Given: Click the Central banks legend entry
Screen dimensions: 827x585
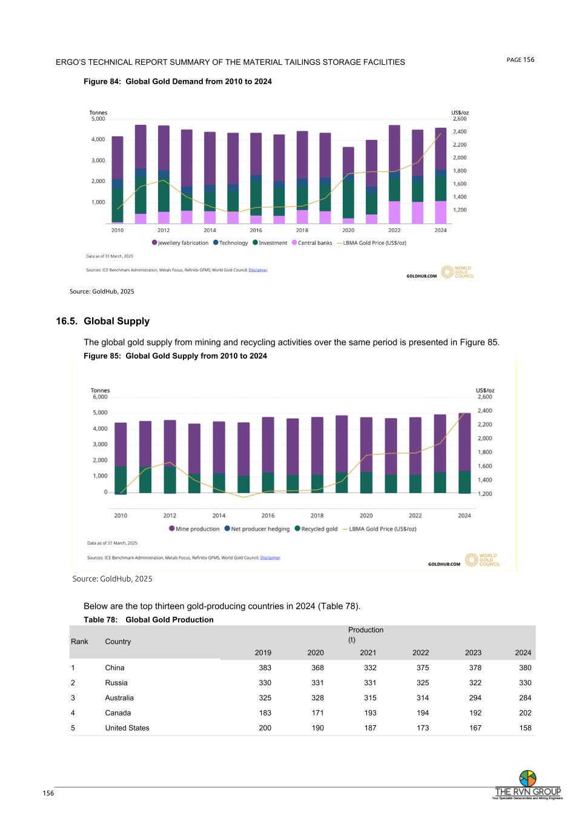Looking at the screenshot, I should pos(314,243).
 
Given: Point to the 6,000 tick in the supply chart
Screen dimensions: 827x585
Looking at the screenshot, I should pos(100,397).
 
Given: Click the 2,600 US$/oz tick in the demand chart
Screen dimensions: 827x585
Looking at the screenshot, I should pos(460,119).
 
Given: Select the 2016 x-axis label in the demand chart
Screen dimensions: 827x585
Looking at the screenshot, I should pos(256,230).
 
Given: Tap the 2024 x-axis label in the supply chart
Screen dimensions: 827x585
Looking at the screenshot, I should pos(464,516).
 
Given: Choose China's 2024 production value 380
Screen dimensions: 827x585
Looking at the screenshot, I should pos(524,668).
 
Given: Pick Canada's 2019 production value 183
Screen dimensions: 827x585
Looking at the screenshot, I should pos(265,713).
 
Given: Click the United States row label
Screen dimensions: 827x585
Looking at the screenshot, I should pos(127,728).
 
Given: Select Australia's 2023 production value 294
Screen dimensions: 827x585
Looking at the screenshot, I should pos(475,698).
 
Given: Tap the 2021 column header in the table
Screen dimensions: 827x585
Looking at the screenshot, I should pos(368,653).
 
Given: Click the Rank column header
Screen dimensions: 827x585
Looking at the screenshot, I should pos(79,642).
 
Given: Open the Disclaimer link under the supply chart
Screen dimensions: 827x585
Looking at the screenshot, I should pos(270,557).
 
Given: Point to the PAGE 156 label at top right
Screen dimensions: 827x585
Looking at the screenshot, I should pos(520,59).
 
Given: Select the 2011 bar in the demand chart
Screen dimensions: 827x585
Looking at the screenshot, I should pos(140,174).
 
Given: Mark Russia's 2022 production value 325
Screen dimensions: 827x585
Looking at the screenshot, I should pos(422,683).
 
